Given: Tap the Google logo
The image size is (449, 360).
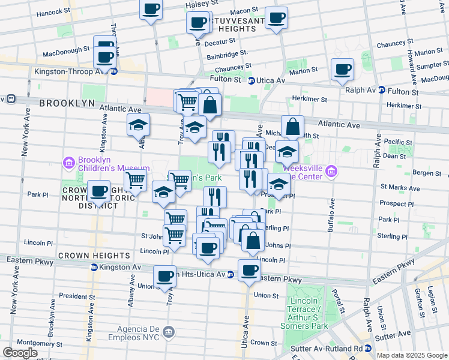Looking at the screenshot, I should click(20, 353).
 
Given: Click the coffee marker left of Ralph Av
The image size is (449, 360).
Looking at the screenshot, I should click(343, 69).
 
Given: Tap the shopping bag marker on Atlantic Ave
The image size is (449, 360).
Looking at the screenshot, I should click(292, 127).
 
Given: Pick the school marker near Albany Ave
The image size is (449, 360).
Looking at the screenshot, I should click(139, 125).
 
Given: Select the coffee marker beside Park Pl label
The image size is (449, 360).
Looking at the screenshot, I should click(99, 191).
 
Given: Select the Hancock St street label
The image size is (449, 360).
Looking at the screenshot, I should click(53, 13).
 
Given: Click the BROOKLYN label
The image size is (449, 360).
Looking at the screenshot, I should click(67, 103).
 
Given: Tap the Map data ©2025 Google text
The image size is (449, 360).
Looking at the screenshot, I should click(412, 355).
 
